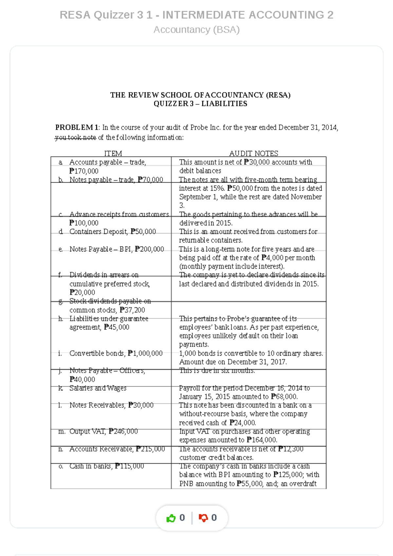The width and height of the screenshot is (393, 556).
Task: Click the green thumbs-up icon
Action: click(171, 518)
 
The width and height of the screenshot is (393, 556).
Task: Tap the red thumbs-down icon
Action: click(203, 518)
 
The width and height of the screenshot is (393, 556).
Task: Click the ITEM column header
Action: click(113, 153)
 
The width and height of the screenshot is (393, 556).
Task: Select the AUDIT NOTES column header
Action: click(253, 153)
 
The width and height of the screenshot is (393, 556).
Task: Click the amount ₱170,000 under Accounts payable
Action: click(84, 171)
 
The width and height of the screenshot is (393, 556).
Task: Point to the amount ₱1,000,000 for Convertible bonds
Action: click(145, 353)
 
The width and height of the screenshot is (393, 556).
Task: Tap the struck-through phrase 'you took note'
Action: click(75, 138)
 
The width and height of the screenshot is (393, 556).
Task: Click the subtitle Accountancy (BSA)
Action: click(196, 30)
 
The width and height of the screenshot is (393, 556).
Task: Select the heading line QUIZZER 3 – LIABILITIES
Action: click(200, 104)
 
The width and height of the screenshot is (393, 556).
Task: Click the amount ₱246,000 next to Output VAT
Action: click(123, 431)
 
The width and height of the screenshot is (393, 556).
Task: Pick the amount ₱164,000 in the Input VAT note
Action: click(262, 440)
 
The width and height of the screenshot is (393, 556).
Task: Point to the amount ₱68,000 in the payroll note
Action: click(284, 397)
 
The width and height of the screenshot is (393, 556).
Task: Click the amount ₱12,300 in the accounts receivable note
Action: click(291, 449)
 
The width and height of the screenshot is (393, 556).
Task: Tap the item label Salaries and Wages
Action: click(98, 388)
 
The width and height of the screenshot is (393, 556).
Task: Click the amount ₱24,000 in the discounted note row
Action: click(243, 423)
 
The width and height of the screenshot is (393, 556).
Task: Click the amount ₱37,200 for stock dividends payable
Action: click(132, 310)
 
